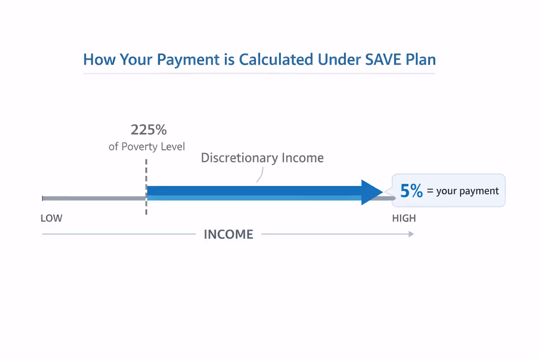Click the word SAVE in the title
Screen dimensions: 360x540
click(x=383, y=59)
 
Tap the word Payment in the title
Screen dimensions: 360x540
click(x=188, y=59)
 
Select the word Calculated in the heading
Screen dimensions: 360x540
click(x=276, y=59)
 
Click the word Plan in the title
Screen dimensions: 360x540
click(x=420, y=59)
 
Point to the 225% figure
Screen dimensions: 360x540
click(x=148, y=130)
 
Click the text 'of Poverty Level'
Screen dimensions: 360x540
click(x=147, y=146)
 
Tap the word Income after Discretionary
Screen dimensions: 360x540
click(x=302, y=158)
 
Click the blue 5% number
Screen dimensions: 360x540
click(x=411, y=191)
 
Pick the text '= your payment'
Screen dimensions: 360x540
click(x=463, y=191)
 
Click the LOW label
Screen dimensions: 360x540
click(x=51, y=218)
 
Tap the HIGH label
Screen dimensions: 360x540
click(x=404, y=218)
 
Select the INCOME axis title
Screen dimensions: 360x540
click(x=229, y=234)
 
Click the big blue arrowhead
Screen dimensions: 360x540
click(x=371, y=192)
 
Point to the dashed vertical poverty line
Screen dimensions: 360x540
click(x=146, y=172)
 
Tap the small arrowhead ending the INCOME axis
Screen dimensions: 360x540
click(x=411, y=234)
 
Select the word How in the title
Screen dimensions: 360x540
click(x=99, y=59)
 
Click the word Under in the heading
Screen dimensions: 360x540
click(x=339, y=59)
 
